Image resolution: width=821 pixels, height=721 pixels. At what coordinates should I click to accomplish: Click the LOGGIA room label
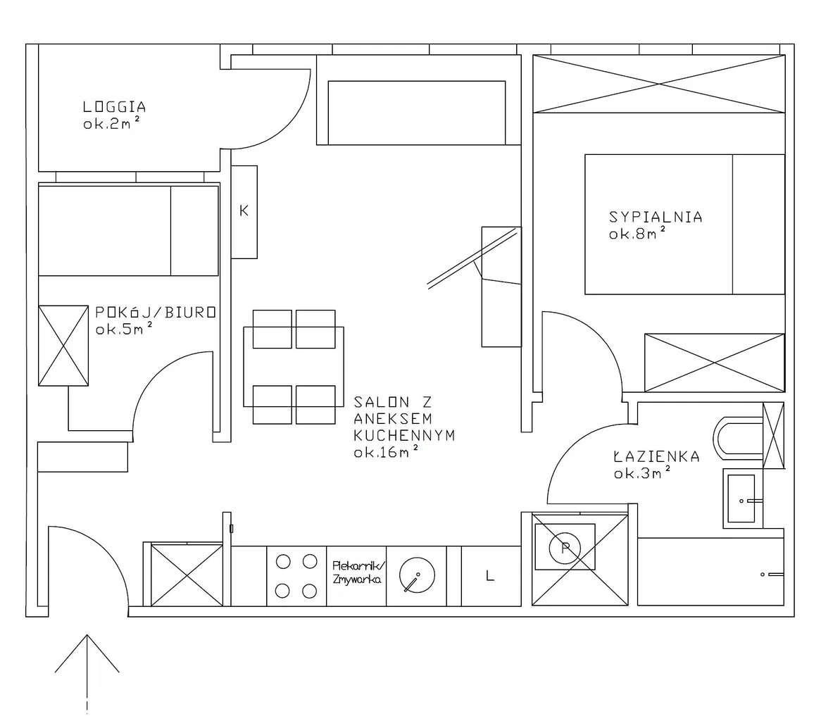114,107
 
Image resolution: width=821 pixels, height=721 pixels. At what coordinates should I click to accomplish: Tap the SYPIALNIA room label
656,217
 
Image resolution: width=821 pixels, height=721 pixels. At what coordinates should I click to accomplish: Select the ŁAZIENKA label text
657,456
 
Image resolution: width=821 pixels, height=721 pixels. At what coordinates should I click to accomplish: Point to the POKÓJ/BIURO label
156,312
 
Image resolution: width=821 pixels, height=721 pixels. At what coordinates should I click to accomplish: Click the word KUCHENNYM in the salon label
404,435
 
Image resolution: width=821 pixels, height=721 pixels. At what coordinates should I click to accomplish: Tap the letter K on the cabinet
244,211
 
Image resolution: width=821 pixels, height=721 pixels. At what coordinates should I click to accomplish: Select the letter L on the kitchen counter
490,576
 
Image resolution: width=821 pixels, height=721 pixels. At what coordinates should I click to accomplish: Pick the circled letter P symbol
565,548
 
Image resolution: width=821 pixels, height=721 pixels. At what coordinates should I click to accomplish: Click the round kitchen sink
417,575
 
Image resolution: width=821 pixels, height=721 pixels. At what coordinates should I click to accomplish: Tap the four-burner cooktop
296,576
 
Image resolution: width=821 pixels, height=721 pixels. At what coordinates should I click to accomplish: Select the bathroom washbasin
742,498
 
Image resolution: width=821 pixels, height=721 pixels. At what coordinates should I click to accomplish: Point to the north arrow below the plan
87,674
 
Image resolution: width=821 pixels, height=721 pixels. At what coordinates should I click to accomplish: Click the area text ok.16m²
387,452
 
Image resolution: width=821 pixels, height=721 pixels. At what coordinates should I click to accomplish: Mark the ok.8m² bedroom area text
637,234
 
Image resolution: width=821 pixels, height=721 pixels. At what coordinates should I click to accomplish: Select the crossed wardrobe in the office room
63,346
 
